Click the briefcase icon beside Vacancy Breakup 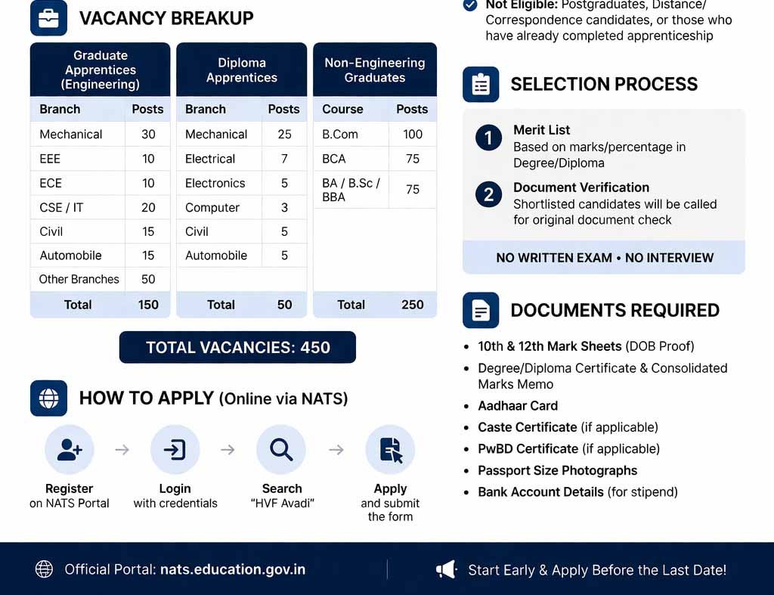click(x=48, y=18)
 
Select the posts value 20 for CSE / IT click(x=148, y=207)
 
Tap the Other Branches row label click(x=79, y=279)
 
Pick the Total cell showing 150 click(x=148, y=305)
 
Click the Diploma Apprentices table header click(x=242, y=70)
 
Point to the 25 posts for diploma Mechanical click(x=284, y=134)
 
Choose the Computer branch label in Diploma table click(x=212, y=207)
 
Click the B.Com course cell click(x=340, y=134)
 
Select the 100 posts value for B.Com click(x=413, y=134)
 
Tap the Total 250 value click(x=413, y=305)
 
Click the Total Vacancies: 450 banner click(x=237, y=348)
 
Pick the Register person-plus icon click(x=70, y=450)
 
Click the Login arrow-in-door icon click(x=175, y=450)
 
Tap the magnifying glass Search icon click(x=281, y=450)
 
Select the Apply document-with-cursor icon click(x=390, y=450)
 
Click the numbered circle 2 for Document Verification click(x=488, y=195)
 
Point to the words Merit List click(x=541, y=130)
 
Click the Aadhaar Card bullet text click(x=518, y=406)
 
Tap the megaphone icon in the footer click(x=447, y=569)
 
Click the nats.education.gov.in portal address click(x=233, y=569)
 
